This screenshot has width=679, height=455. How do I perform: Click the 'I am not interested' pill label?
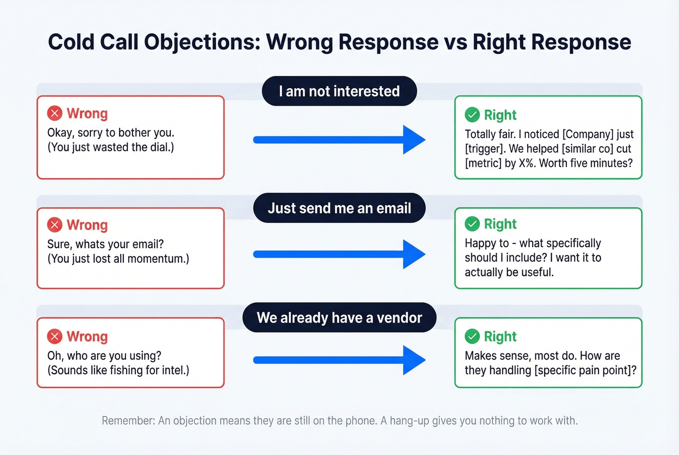339,91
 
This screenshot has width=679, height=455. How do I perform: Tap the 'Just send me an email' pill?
339,208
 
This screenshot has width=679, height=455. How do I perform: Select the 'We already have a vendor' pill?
339,318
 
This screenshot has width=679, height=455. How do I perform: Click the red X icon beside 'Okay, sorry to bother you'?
55,113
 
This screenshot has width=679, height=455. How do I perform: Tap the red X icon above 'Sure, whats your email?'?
55,225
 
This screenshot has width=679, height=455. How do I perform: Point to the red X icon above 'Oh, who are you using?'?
55,336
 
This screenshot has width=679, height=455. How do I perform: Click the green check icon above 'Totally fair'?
472,115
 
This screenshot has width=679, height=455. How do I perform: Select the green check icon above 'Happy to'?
472,224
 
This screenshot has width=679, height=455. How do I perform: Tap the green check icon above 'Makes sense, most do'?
472,336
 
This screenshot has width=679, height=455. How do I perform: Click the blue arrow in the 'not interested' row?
339,140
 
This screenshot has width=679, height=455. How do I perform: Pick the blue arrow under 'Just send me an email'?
339,254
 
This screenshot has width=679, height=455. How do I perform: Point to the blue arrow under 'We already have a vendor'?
339,360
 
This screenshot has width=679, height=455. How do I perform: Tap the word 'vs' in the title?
455,42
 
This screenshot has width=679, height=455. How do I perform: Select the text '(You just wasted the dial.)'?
111,147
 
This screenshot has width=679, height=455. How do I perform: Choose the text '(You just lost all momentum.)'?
118,259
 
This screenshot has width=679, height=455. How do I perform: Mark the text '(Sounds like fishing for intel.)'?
118,370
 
